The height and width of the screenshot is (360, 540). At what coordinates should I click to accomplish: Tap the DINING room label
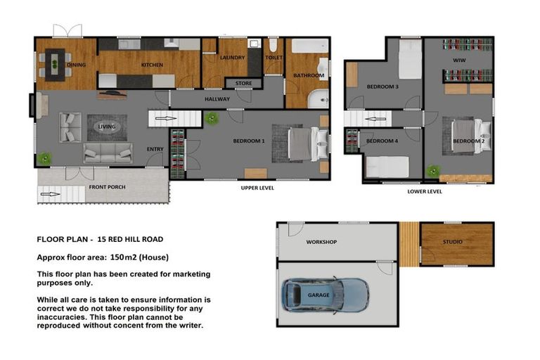point(76,65)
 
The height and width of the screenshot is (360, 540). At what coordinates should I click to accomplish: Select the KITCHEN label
point(152,65)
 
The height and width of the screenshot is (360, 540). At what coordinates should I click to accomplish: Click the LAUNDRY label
point(231,58)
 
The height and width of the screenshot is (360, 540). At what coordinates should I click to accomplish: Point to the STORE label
point(243,83)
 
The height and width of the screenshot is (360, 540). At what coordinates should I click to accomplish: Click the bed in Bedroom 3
point(409,60)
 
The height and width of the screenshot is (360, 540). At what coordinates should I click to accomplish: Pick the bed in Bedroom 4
point(387,166)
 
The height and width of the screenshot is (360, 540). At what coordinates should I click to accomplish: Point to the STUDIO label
point(453,242)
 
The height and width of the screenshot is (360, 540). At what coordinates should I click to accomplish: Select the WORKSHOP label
point(321,242)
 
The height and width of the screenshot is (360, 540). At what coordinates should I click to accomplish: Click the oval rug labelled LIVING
point(107,127)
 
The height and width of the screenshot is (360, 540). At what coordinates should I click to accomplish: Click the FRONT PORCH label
point(108,188)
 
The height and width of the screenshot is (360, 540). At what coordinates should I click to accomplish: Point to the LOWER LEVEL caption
point(425,191)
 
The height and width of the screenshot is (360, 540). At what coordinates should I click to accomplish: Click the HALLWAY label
point(217,99)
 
